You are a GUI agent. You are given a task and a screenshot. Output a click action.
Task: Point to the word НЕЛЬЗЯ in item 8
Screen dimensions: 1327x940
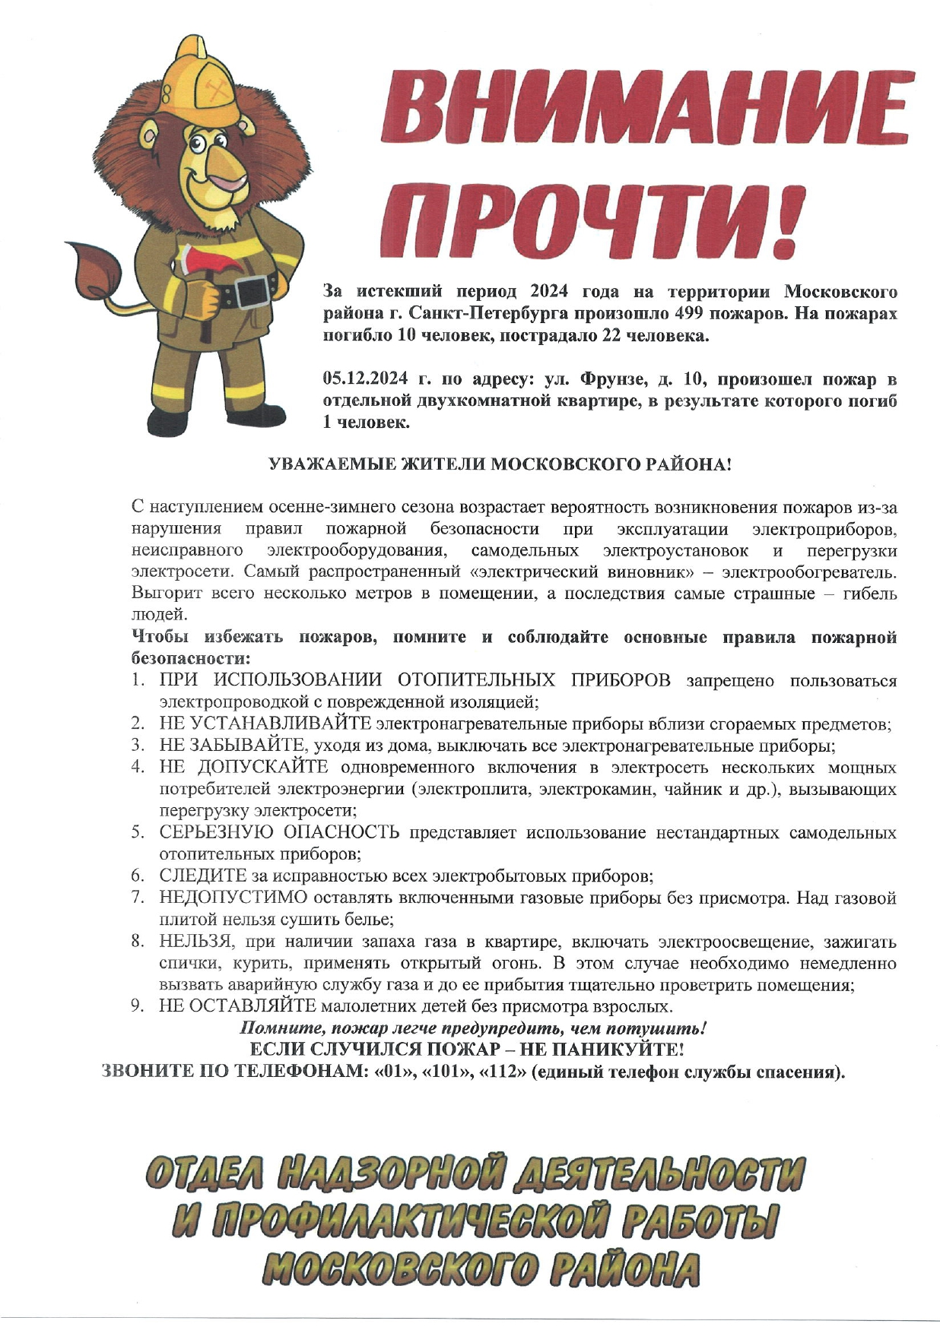click(x=195, y=942)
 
